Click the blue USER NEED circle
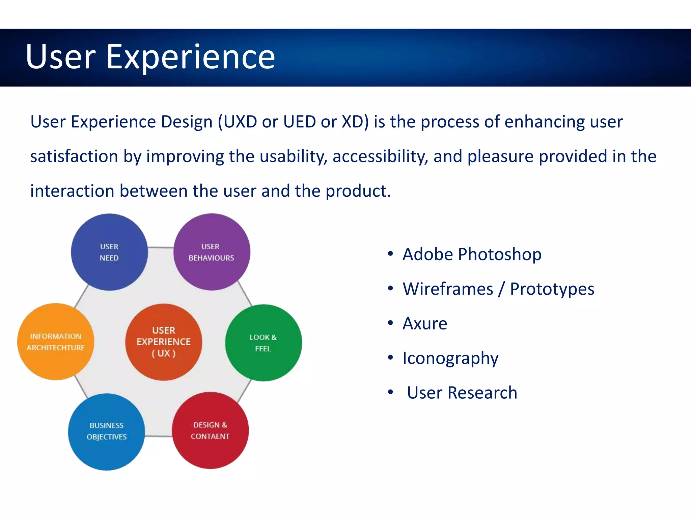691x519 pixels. pyautogui.click(x=109, y=252)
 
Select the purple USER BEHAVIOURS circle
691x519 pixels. pyautogui.click(x=212, y=252)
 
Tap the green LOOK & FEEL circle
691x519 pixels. pyautogui.click(x=263, y=343)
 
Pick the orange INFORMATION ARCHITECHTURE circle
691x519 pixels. pyautogui.click(x=56, y=342)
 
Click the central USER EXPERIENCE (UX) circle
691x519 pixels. pyautogui.click(x=164, y=342)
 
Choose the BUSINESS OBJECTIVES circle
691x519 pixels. pyautogui.click(x=107, y=431)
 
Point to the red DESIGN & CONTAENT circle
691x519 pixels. pyautogui.click(x=210, y=430)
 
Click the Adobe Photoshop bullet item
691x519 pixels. pyautogui.click(x=472, y=254)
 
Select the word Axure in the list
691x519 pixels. pyautogui.click(x=425, y=324)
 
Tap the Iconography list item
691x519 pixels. pyautogui.click(x=450, y=359)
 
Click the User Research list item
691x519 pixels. pyautogui.click(x=462, y=393)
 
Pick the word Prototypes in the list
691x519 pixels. pyautogui.click(x=552, y=289)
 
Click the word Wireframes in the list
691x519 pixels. pyautogui.click(x=448, y=289)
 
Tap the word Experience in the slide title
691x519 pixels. pyautogui.click(x=191, y=57)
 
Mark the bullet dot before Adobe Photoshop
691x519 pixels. pyautogui.click(x=390, y=254)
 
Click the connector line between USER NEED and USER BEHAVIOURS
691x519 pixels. pyautogui.click(x=161, y=248)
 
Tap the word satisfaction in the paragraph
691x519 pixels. pyautogui.click(x=74, y=156)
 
